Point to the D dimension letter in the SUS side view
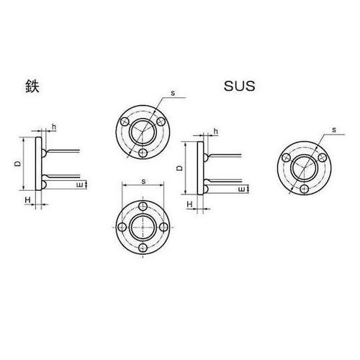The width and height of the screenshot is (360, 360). [179, 168]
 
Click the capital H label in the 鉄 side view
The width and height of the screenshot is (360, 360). [27, 199]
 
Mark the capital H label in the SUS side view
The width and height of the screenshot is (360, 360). [189, 204]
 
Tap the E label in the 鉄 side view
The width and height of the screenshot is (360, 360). [81, 185]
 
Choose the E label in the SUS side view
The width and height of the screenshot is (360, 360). [242, 189]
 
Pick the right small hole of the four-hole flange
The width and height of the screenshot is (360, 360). [165, 228]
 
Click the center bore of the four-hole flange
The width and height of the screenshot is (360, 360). [145, 228]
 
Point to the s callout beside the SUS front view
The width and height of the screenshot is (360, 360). [335, 130]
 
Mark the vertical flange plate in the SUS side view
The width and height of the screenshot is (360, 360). [198, 168]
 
